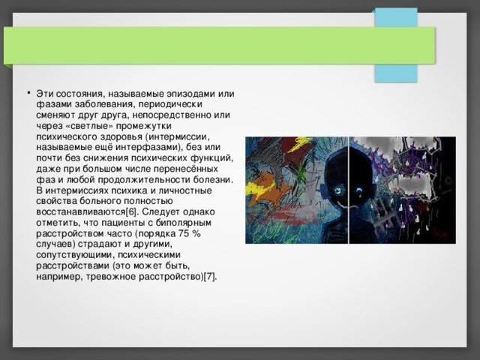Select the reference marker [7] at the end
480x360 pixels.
(x=208, y=277)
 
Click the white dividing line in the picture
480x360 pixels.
(x=349, y=190)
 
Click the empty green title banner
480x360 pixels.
(x=217, y=45)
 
